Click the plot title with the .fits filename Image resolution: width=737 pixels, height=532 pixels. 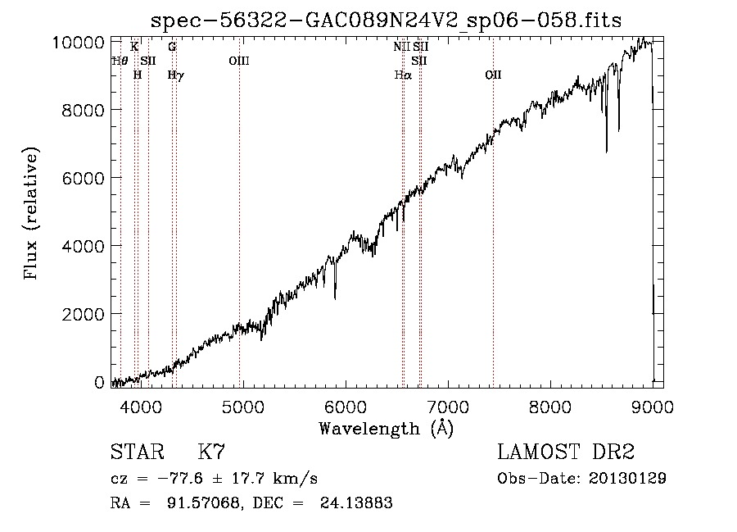click(386, 20)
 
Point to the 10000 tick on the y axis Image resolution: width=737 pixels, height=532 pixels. click(78, 43)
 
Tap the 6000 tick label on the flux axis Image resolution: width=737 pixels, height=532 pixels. click(84, 178)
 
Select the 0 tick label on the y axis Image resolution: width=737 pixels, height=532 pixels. click(99, 383)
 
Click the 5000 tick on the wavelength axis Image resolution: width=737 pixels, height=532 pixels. click(243, 407)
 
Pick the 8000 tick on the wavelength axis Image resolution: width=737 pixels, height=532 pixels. click(550, 407)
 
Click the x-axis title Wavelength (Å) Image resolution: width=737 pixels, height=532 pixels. click(387, 429)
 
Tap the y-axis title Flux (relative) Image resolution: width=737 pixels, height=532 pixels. click(31, 213)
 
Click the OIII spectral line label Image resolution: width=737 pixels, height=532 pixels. click(239, 61)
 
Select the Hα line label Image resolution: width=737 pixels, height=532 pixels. click(403, 75)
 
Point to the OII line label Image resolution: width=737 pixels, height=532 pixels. click(493, 75)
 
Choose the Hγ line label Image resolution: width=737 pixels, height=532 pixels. click(176, 75)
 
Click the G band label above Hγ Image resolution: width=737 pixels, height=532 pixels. click(172, 47)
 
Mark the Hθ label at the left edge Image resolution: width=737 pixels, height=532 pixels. click(120, 61)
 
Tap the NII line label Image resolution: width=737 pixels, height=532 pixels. click(402, 47)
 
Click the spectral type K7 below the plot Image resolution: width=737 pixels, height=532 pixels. click(211, 452)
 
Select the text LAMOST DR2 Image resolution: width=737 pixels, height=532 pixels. click(566, 452)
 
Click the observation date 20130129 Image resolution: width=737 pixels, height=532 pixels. click(627, 479)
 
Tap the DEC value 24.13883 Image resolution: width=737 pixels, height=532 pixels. click(356, 502)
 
